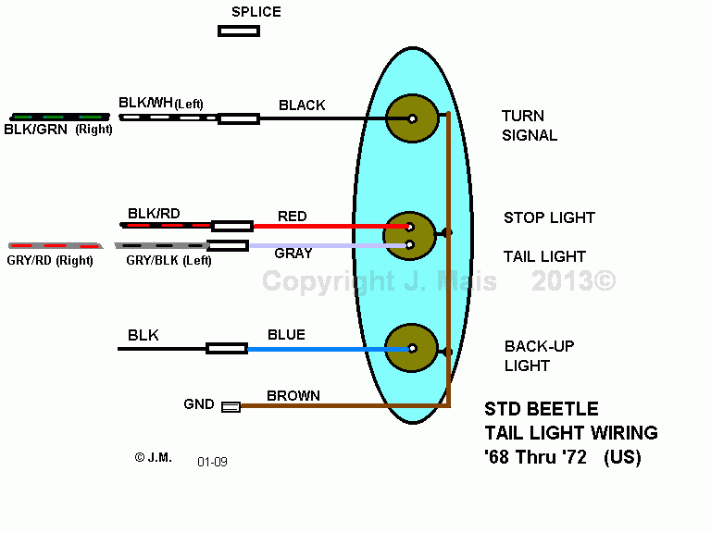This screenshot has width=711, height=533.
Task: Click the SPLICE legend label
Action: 256,12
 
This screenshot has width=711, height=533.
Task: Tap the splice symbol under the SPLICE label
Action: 239,31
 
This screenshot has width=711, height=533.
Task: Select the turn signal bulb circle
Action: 412,118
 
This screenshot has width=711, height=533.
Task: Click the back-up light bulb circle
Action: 412,348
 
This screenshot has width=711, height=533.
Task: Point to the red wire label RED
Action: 292,217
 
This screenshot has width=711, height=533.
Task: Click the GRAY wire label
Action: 293,253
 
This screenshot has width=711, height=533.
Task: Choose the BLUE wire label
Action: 286,334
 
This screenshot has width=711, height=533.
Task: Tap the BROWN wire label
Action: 293,396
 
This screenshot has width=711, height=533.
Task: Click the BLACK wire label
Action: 302,105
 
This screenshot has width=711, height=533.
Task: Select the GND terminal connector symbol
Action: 231,406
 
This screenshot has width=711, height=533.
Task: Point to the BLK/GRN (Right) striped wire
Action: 60,117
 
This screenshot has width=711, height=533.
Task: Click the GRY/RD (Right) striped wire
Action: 56,245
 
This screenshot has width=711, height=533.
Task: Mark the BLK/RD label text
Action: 154,214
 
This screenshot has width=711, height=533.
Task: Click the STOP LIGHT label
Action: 549,217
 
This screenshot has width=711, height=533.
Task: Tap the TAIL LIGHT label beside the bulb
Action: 544,256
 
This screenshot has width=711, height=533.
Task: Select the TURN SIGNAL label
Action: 530,126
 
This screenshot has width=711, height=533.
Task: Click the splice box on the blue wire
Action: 227,349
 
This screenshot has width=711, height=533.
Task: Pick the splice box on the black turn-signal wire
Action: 239,118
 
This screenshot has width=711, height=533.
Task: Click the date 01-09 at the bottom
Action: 212,462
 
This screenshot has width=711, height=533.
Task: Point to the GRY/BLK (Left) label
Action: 168,261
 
